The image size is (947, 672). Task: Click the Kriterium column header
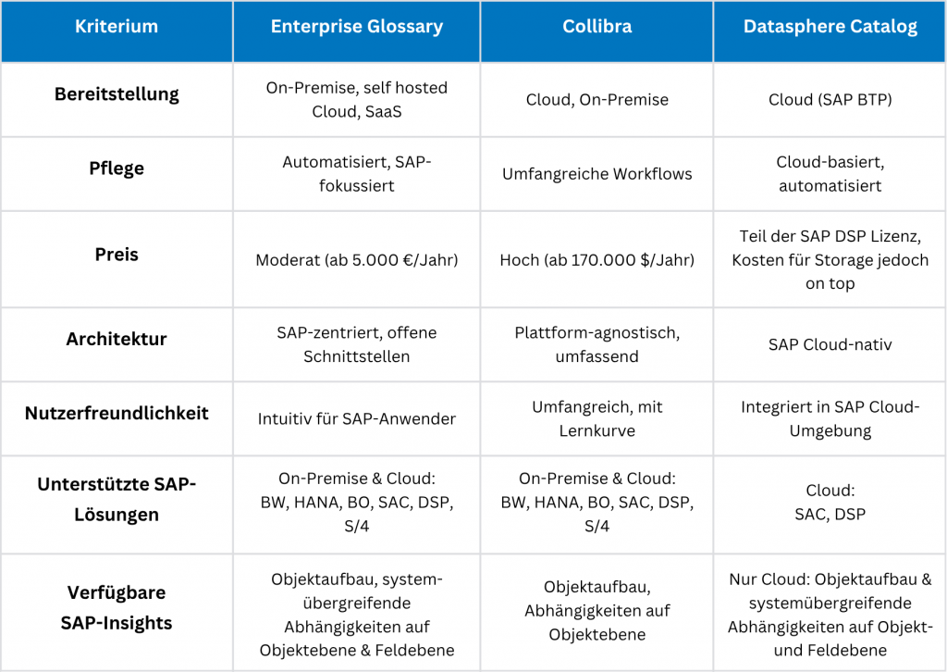[117, 27]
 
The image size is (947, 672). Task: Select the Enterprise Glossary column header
[356, 27]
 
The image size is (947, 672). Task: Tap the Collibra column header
[596, 27]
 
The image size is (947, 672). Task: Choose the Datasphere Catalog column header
[830, 27]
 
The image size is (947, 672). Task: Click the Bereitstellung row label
[117, 94]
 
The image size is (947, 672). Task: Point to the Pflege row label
[117, 168]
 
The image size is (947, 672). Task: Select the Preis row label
[117, 255]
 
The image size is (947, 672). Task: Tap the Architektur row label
[117, 339]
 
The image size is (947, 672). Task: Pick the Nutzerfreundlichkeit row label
[117, 413]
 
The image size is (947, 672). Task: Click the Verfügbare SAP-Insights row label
[117, 607]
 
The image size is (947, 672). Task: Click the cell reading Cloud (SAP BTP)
[830, 100]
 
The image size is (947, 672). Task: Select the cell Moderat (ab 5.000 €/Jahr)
[356, 260]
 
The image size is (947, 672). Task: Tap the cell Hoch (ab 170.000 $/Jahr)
[596, 260]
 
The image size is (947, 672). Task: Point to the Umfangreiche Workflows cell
[596, 174]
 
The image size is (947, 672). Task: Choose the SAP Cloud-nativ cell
[830, 344]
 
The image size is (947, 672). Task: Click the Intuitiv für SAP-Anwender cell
[356, 418]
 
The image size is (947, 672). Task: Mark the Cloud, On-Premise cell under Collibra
[596, 100]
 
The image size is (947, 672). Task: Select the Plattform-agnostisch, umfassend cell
[596, 344]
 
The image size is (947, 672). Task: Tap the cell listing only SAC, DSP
[830, 504]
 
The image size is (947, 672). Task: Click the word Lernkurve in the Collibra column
[596, 430]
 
